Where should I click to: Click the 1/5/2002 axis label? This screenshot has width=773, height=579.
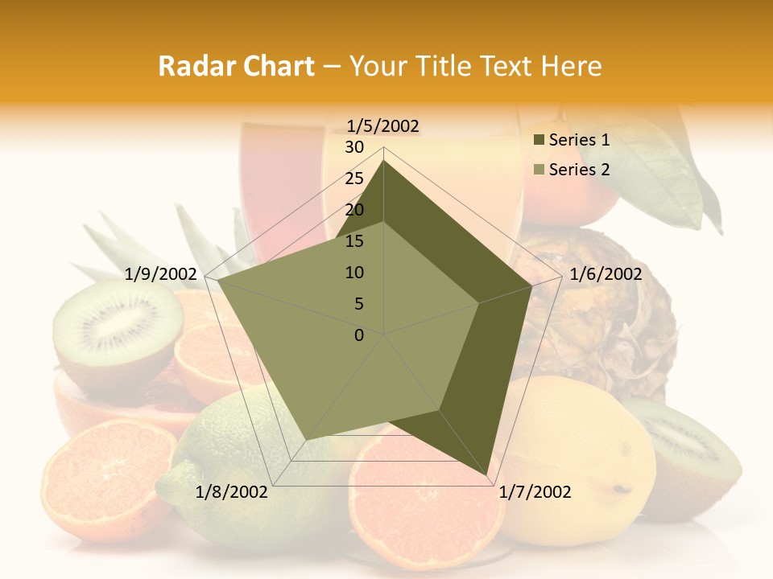click(383, 125)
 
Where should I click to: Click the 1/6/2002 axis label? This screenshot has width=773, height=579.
click(606, 274)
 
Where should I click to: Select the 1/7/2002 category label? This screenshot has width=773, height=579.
click(535, 492)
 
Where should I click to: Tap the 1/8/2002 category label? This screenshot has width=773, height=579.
click(232, 492)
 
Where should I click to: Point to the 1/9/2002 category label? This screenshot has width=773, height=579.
click(161, 274)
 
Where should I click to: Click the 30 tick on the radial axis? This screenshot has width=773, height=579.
click(354, 147)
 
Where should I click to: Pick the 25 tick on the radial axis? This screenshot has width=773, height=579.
click(354, 179)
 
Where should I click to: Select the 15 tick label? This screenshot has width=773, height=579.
click(354, 241)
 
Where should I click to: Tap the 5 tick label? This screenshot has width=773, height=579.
click(359, 304)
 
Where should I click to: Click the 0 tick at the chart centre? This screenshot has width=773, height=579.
click(359, 335)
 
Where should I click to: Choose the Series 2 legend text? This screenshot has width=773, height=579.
click(579, 170)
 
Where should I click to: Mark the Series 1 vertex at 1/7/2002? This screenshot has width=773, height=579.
click(486, 475)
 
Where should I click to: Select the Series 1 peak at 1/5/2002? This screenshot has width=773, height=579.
click(384, 160)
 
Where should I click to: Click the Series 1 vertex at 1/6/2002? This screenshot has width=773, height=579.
click(532, 285)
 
